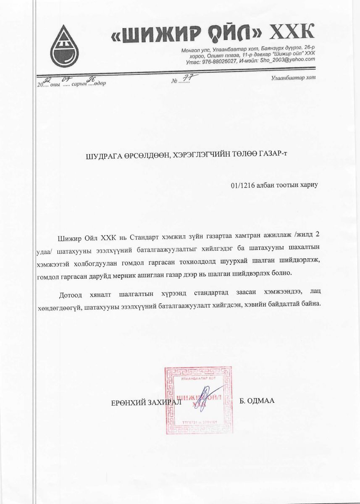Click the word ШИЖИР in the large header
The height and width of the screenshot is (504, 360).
pos(158,34)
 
